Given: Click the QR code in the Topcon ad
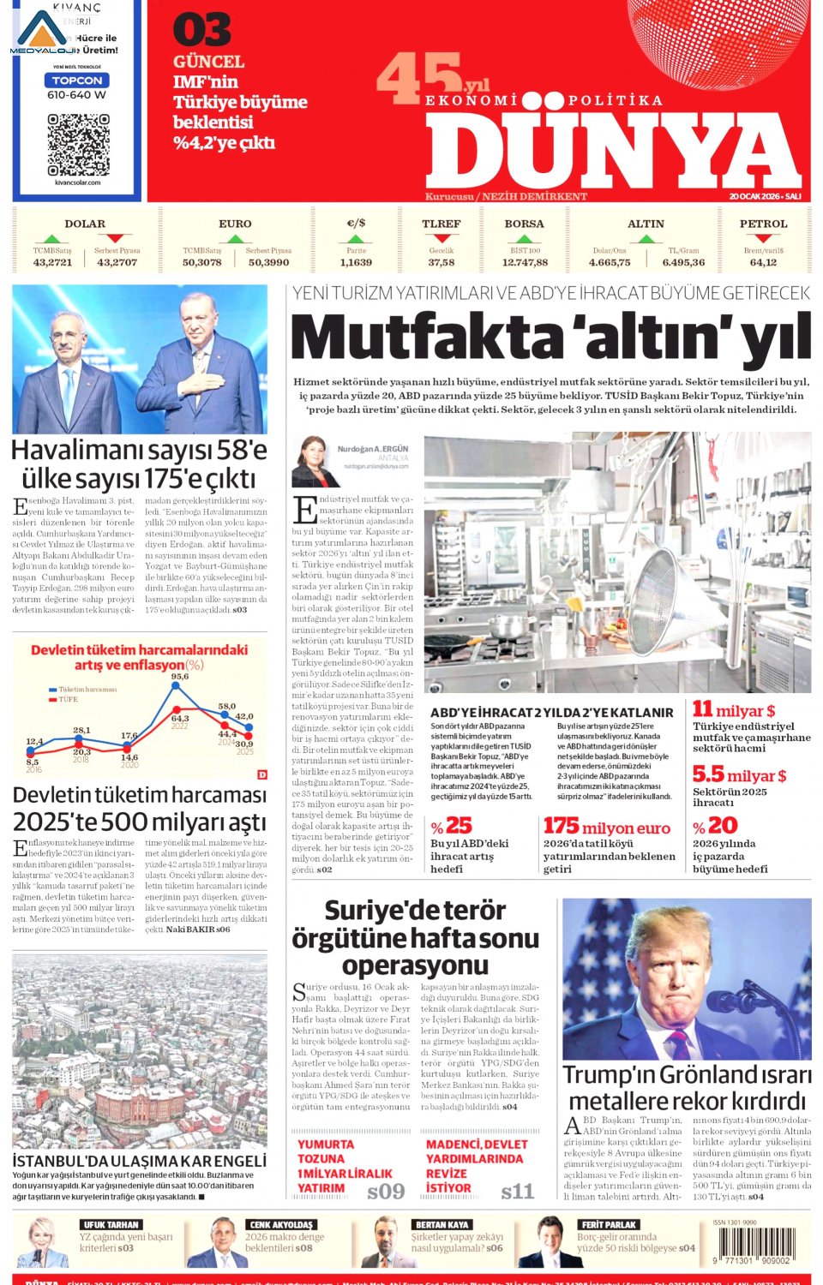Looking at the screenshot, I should pyautogui.click(x=78, y=143).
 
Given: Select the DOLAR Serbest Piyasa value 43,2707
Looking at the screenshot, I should pyautogui.click(x=117, y=262).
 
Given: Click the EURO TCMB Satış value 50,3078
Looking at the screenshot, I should pyautogui.click(x=201, y=262).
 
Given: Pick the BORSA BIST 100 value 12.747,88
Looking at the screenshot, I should pyautogui.click(x=524, y=262).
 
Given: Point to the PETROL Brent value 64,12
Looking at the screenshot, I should pyautogui.click(x=762, y=262).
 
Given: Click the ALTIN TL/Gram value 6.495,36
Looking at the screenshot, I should pyautogui.click(x=682, y=262).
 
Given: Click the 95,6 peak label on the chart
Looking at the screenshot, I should pyautogui.click(x=179, y=677).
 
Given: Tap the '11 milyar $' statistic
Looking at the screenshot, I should pyautogui.click(x=734, y=710).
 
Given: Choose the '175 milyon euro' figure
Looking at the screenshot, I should pyautogui.click(x=606, y=826).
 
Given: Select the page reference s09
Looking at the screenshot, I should pyautogui.click(x=385, y=1191).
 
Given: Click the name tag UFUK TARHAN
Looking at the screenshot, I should pyautogui.click(x=111, y=1224).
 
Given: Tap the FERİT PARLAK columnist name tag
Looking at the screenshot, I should pyautogui.click(x=609, y=1224).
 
